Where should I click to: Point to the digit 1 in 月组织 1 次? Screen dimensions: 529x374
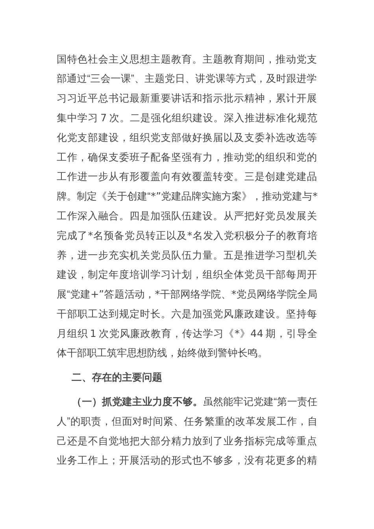point(93,333)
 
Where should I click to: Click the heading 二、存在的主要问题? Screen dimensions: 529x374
point(117,377)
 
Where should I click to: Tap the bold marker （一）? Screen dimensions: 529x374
point(86,402)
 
